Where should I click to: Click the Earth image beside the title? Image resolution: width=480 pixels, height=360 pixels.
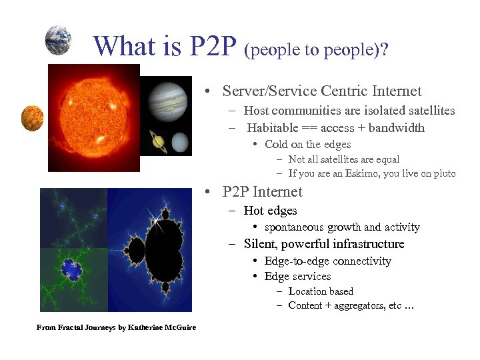point(58,40)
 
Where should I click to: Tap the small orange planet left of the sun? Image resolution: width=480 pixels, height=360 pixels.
point(32,119)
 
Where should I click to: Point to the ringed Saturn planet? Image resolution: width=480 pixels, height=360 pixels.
point(159,140)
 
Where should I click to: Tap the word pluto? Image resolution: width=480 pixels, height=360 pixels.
point(443,173)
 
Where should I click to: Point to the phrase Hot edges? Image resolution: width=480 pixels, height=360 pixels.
point(270,211)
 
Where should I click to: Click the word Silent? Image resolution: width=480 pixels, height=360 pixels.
point(261,244)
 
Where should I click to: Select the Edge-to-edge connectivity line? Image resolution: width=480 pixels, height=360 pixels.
point(327,261)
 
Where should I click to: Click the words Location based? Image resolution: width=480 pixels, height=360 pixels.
point(321,291)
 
